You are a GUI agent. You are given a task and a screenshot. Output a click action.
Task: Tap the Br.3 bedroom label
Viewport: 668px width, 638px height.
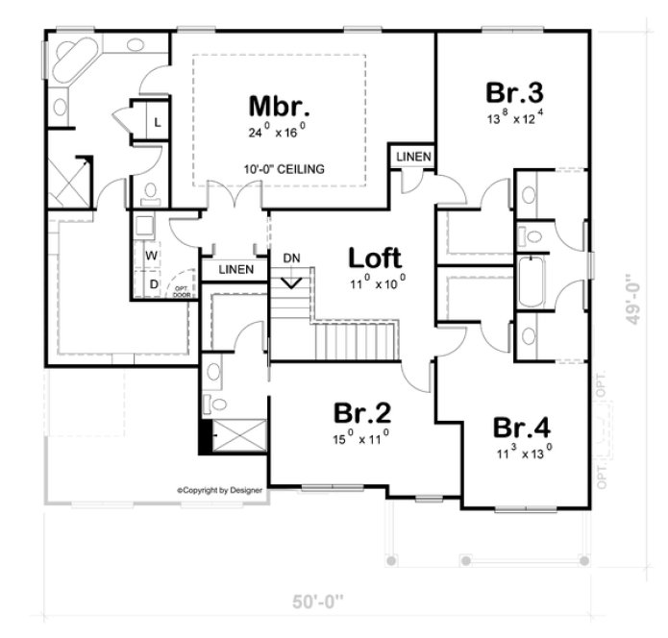click(x=514, y=94)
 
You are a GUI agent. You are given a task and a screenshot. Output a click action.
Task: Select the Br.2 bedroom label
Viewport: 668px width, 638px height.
click(x=361, y=413)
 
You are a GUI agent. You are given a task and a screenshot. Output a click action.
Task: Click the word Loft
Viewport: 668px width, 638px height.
click(x=375, y=258)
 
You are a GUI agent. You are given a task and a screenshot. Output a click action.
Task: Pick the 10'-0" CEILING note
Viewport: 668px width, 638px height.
click(x=284, y=169)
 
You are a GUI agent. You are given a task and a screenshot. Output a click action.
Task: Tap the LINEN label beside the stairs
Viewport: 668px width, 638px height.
click(x=235, y=270)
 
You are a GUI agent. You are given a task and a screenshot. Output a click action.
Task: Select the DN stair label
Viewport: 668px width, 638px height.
click(x=291, y=258)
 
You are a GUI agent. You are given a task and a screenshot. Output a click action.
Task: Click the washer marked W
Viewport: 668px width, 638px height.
click(x=151, y=257)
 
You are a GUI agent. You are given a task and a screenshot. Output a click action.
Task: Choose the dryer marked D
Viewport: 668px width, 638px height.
click(x=151, y=284)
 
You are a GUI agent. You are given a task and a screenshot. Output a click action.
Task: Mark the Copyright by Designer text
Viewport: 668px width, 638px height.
click(x=219, y=490)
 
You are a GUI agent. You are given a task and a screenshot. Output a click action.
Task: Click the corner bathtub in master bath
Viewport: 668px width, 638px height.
click(x=74, y=58)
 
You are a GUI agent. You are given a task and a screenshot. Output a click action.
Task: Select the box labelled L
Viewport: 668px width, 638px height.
click(x=157, y=122)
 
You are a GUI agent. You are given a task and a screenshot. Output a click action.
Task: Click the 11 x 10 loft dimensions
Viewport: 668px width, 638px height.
click(x=377, y=282)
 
